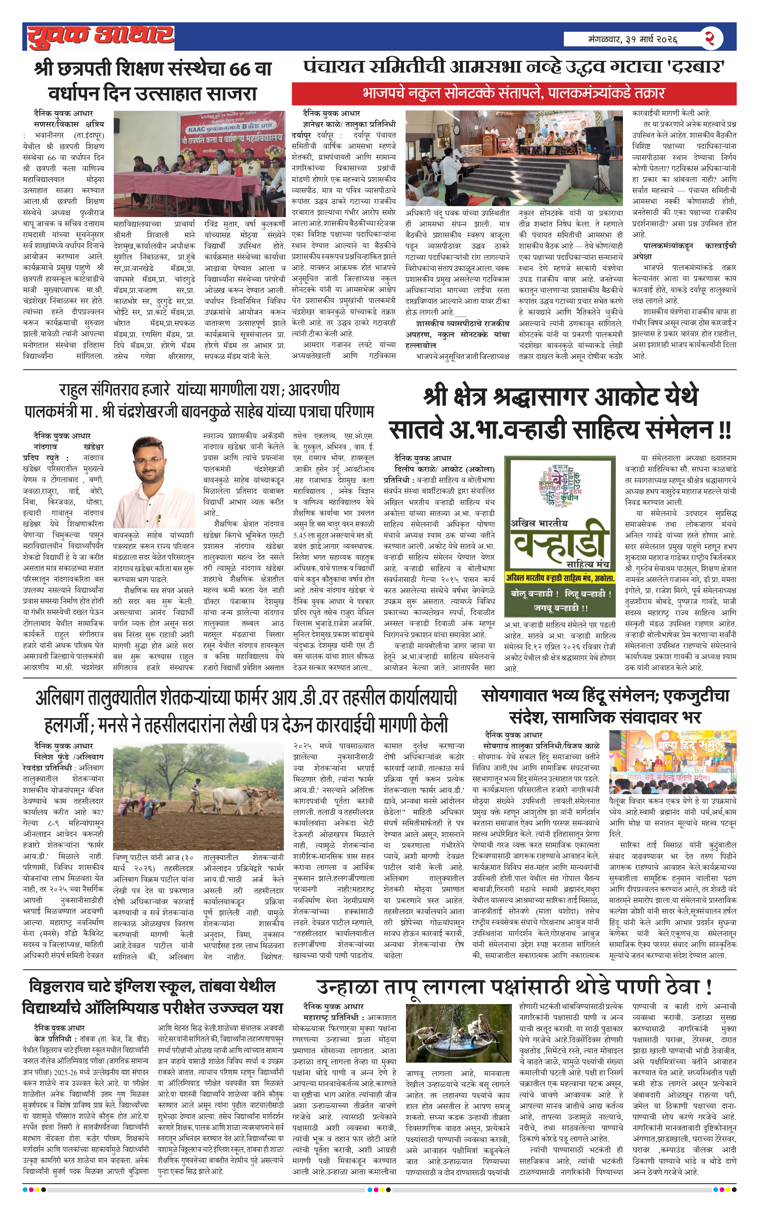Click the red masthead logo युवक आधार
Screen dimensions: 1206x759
pos(100,36)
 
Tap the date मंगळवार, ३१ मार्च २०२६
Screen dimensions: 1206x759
pos(632,39)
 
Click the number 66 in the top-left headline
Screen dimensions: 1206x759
pos(240,69)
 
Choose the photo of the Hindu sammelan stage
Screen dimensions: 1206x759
pos(672,762)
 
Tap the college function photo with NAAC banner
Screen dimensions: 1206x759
pos(199,164)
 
